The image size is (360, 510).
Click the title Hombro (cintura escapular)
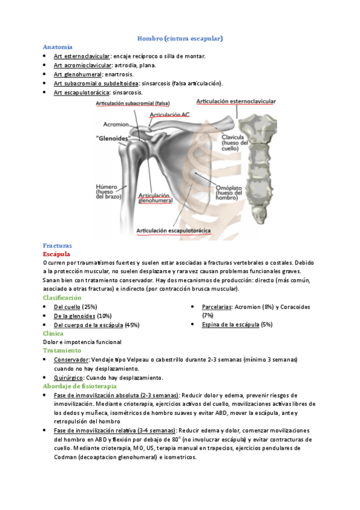click(x=180, y=38)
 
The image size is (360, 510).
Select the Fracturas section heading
click(x=58, y=245)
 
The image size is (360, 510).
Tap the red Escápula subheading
click(x=57, y=254)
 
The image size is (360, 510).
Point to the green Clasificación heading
click(x=62, y=298)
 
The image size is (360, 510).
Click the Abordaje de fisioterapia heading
click(x=79, y=386)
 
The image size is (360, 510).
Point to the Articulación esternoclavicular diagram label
click(x=236, y=102)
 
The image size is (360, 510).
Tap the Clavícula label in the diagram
click(x=232, y=137)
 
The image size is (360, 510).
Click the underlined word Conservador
click(x=73, y=360)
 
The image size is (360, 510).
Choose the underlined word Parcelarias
click(x=217, y=307)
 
